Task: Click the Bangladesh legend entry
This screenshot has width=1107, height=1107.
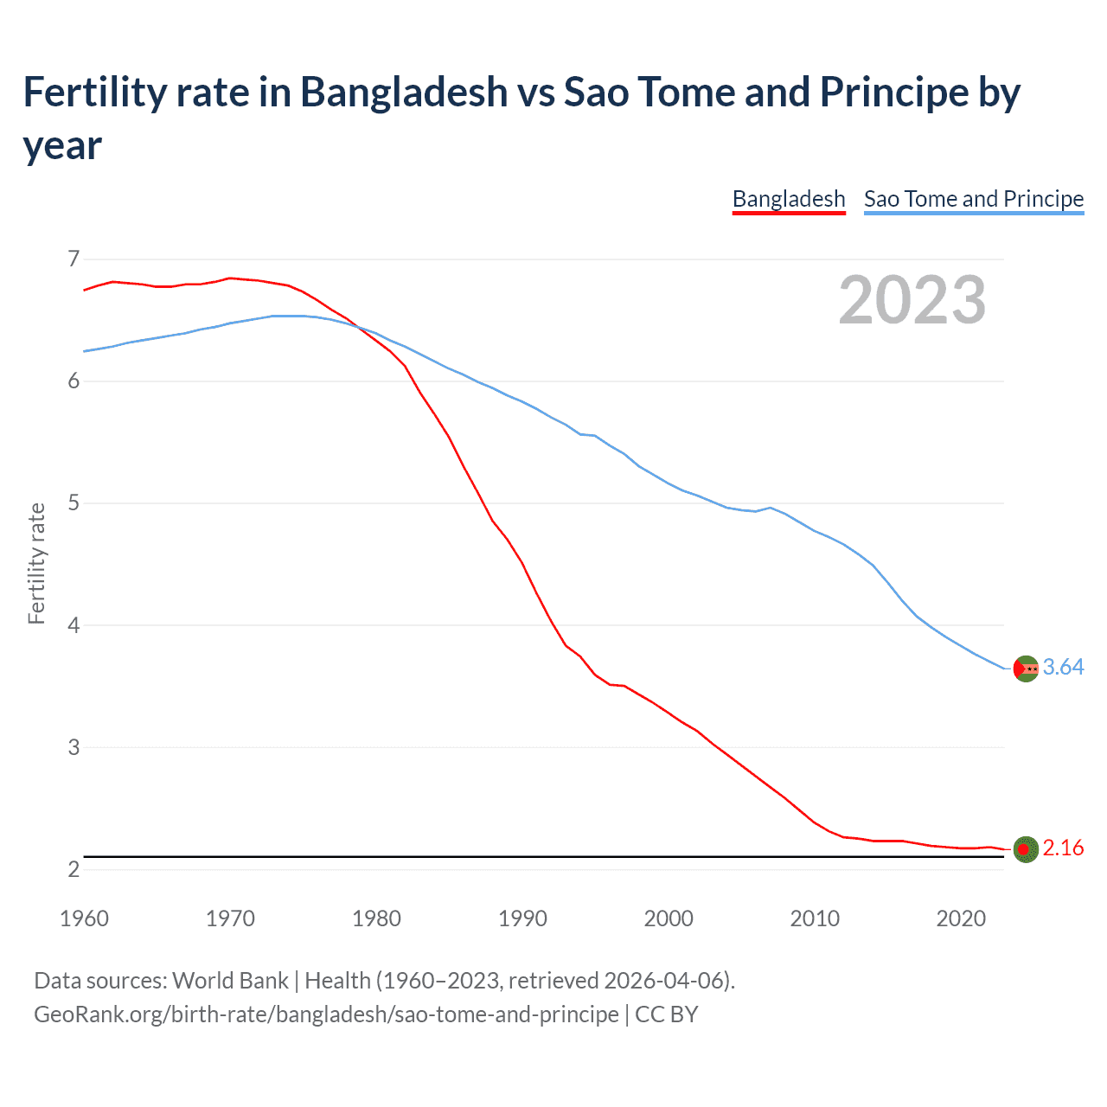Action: (x=788, y=199)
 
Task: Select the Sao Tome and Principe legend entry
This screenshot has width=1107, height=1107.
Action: (x=973, y=199)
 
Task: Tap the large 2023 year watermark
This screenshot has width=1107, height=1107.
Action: (x=912, y=300)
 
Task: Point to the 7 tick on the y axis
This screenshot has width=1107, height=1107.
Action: (x=74, y=259)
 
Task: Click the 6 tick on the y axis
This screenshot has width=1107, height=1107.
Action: (x=74, y=381)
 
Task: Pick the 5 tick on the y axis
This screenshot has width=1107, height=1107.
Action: (x=74, y=502)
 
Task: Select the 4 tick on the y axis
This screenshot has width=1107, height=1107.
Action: (x=74, y=624)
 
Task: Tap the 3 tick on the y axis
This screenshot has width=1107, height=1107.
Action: (x=74, y=746)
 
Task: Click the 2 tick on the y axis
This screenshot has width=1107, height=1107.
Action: (x=74, y=868)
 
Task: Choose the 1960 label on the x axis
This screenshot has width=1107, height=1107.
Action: (x=84, y=918)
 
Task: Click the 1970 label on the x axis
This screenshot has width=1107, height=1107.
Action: (x=230, y=918)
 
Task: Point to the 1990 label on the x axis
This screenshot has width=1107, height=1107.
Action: (x=522, y=918)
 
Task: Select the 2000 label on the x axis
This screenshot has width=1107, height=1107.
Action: (x=669, y=918)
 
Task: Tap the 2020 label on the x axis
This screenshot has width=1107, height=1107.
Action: (x=961, y=918)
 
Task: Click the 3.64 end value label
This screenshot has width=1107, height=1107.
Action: (x=1063, y=667)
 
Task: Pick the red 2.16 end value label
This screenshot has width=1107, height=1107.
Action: (x=1063, y=848)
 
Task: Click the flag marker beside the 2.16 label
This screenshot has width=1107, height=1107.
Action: (x=1025, y=849)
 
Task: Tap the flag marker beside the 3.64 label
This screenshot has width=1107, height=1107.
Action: (x=1025, y=669)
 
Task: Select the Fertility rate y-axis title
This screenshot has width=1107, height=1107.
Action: (x=36, y=563)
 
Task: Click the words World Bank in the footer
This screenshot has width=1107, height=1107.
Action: (x=230, y=981)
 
